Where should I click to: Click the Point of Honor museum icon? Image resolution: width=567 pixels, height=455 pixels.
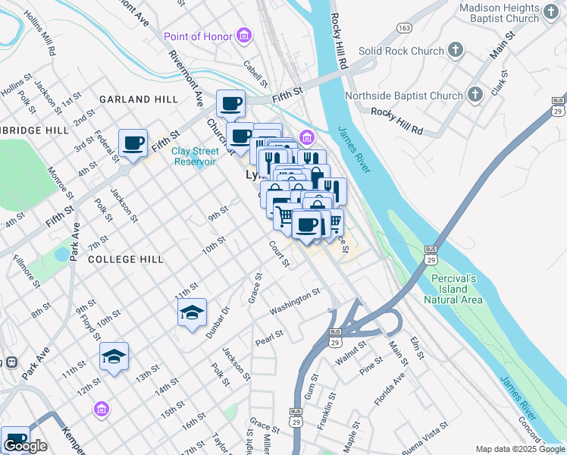[243, 36]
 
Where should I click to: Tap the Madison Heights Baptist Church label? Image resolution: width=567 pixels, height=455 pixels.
[509, 14]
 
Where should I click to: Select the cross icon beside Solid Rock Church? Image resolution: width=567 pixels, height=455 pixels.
[455, 51]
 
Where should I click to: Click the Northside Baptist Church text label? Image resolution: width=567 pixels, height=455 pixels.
[403, 96]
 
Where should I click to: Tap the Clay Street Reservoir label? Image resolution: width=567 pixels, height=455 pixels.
[196, 156]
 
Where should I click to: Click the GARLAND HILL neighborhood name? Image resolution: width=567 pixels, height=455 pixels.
[138, 99]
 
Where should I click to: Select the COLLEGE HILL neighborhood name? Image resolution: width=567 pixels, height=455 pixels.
[125, 259]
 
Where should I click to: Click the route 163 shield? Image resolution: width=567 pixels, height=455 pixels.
[404, 27]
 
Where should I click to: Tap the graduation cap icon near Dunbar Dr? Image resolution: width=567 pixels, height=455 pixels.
[192, 312]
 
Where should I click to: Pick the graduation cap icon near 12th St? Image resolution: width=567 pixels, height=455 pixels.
[114, 356]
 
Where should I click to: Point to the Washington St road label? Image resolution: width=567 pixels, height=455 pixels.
[295, 302]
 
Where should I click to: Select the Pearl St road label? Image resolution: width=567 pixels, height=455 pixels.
[268, 334]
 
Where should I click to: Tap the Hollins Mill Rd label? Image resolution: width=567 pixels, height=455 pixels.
[39, 34]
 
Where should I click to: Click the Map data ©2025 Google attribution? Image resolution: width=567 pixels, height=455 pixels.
[519, 449]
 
